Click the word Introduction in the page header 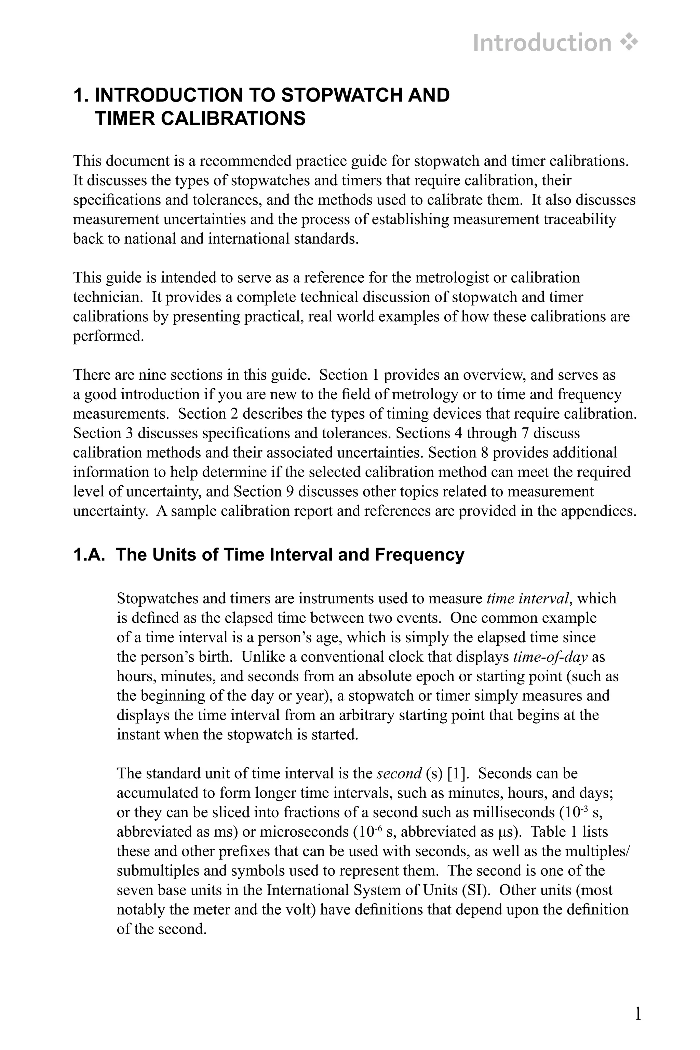click(x=541, y=43)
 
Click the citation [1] click(x=456, y=773)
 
